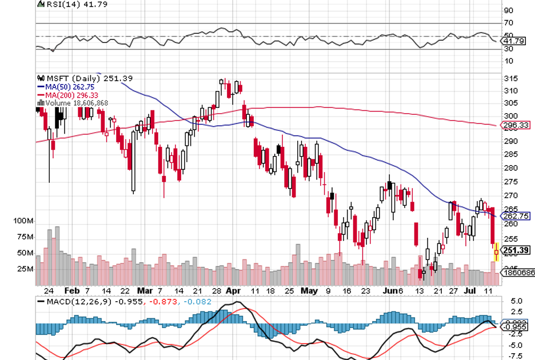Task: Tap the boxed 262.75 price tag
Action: tap(516, 216)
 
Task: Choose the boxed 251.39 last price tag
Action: tap(516, 250)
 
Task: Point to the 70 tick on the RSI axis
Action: tap(508, 23)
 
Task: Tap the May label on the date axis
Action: tap(309, 290)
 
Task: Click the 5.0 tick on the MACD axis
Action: tap(516, 300)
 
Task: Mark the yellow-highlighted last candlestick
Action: tap(496, 252)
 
